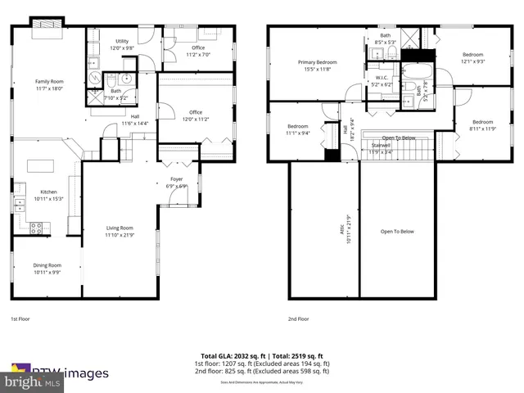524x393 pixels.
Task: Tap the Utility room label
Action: pos(122,40)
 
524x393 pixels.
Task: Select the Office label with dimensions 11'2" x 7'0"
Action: pos(197,47)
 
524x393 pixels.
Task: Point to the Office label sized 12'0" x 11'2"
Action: pos(196,112)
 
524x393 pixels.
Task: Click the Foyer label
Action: pos(177,178)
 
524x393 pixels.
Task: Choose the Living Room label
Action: pos(120,228)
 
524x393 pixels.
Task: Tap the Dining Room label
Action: pos(47,265)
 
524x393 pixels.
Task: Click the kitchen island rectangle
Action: pos(38,166)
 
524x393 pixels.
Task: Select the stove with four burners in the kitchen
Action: pos(37,227)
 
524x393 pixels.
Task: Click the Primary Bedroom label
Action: pos(317,62)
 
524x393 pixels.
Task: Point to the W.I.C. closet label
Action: pos(382,78)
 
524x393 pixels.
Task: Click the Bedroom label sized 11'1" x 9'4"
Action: pos(297,126)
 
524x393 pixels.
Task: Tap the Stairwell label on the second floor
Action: pos(381,147)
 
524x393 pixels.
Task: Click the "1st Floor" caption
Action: pos(20,318)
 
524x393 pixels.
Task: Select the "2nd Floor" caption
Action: pos(299,318)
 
